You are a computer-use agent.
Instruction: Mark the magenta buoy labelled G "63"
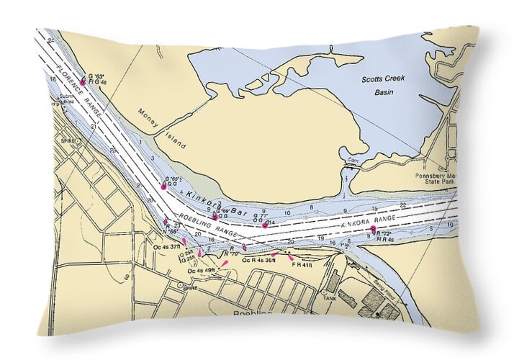(x=83, y=82)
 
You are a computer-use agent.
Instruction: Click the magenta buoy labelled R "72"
(x=374, y=230)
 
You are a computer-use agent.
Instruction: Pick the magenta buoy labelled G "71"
(x=265, y=225)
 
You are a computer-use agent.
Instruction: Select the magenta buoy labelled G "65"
(x=164, y=186)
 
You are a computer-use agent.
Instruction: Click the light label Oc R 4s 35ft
(x=259, y=259)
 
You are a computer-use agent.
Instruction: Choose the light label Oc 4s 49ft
(x=200, y=270)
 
